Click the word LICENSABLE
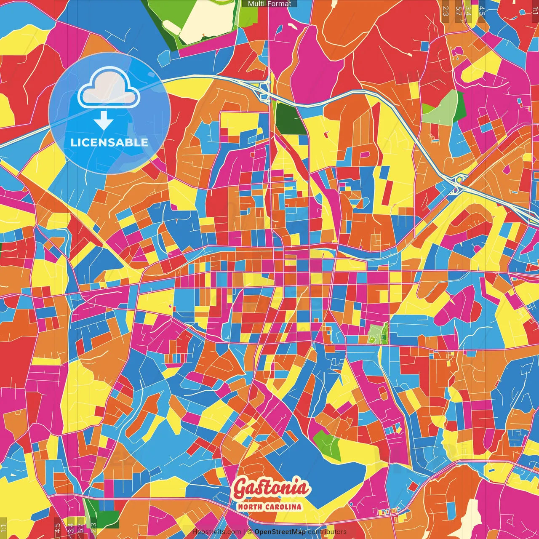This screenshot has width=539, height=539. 109,142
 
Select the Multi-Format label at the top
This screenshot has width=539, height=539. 269,4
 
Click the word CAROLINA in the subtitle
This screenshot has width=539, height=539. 285,507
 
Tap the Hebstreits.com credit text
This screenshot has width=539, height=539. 216,532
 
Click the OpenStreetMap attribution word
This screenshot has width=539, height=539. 280,532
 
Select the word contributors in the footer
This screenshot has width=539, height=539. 327,532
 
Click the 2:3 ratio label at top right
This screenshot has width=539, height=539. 446,11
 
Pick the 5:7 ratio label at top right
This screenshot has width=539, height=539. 459,11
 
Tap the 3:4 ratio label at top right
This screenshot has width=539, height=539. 468,11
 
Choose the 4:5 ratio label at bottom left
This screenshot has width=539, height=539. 57,528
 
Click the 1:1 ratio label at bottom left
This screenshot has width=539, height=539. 3,528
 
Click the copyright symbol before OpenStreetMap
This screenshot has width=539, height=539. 250,532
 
